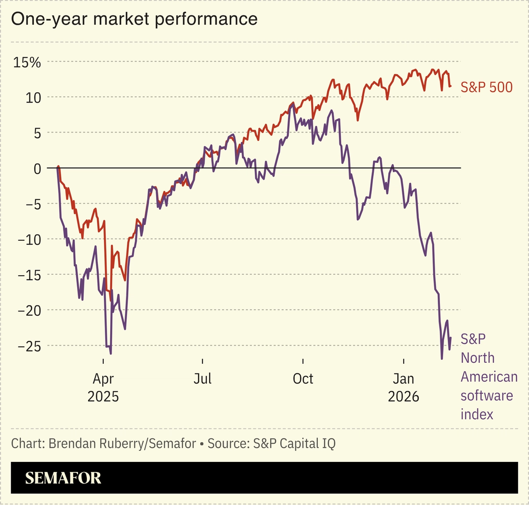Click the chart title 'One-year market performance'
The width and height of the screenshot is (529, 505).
(134, 19)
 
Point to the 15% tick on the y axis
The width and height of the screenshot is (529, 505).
(27, 63)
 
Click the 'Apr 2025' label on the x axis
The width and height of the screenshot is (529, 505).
(103, 387)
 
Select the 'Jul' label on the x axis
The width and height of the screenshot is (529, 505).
(203, 379)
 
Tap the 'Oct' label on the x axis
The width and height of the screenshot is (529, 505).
(303, 379)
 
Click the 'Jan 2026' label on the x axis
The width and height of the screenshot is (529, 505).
(404, 387)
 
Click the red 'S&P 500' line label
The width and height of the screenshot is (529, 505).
(486, 87)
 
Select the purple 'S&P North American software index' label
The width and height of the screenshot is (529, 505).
(489, 376)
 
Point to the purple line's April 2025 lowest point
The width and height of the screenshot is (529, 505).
(111, 354)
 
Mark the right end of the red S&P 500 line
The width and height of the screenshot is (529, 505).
(450, 86)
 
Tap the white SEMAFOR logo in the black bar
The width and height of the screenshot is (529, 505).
(63, 478)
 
